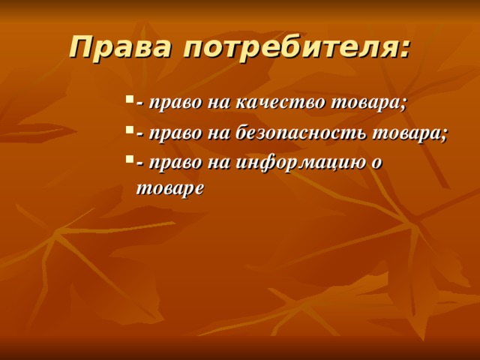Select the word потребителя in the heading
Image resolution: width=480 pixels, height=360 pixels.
(288, 47)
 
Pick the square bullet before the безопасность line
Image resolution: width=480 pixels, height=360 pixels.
(130, 129)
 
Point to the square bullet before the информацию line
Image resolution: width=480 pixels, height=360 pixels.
(130, 159)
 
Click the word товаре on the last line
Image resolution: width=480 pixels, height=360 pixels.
(169, 189)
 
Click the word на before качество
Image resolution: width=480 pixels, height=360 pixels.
(214, 103)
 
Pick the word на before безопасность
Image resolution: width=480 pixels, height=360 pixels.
(214, 134)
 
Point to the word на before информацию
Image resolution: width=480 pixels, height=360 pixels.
(214, 165)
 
